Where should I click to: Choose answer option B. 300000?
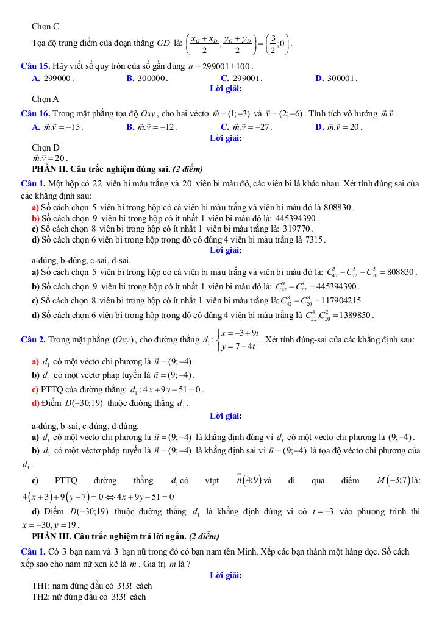(147, 78)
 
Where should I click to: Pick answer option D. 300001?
(336, 78)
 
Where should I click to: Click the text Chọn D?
(45, 147)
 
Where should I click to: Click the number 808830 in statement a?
(338, 207)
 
